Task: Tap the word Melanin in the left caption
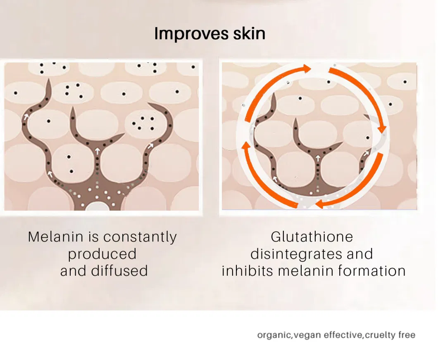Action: click(56, 237)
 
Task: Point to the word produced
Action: click(102, 254)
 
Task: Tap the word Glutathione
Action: click(312, 237)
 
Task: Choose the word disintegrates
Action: click(296, 254)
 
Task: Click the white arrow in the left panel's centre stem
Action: click(97, 152)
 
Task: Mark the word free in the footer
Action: click(407, 335)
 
